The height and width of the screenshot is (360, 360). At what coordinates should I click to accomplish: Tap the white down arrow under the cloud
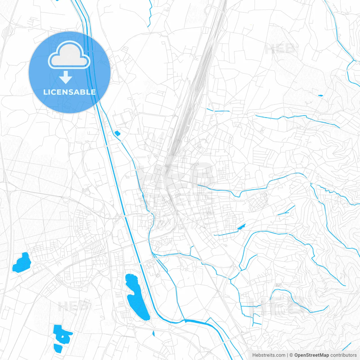point(66,77)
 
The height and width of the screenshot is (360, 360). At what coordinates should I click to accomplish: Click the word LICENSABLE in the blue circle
point(69,92)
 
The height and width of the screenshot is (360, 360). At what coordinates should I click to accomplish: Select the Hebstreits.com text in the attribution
point(269,355)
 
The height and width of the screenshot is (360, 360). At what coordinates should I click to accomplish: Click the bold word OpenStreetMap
point(312,355)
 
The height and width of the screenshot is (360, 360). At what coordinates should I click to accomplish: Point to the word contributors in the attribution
point(343,355)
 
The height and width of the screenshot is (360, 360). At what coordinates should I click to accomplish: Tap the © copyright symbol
point(291,355)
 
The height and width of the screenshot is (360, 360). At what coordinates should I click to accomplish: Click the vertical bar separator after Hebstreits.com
point(287,355)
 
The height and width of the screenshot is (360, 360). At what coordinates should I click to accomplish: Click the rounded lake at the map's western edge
point(21,263)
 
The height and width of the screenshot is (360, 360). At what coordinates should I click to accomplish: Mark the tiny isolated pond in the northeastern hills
point(320,96)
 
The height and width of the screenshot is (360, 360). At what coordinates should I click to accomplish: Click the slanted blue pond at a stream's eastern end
point(241,227)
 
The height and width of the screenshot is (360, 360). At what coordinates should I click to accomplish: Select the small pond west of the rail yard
point(117,133)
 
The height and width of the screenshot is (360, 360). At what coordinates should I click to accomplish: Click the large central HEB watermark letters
point(176,176)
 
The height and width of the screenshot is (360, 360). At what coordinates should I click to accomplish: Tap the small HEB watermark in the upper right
point(280,49)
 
